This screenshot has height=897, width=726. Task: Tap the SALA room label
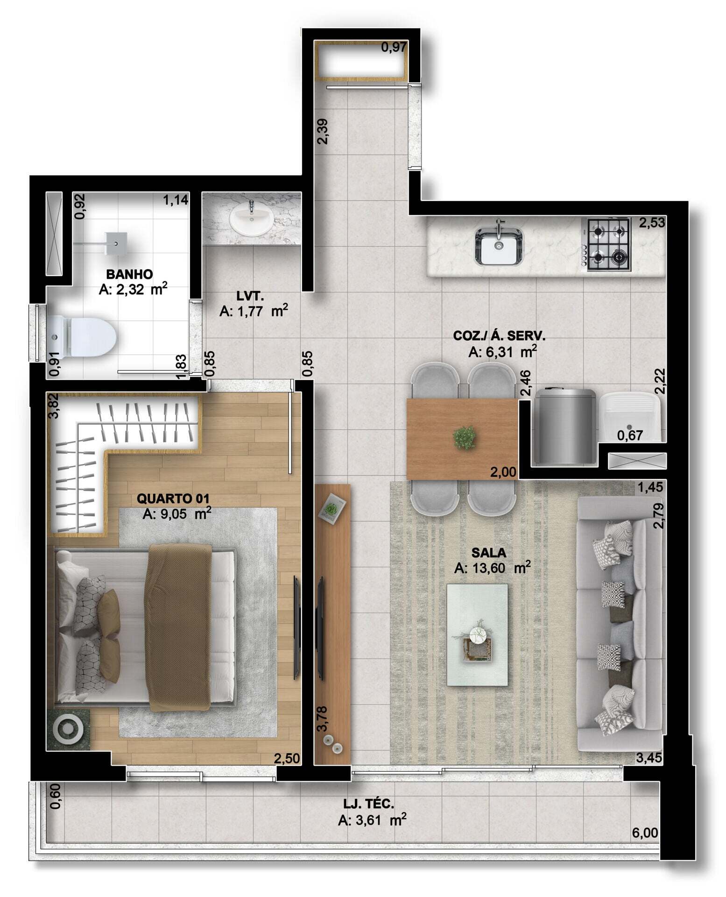click(x=489, y=553)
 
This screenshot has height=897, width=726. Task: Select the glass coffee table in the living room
click(x=477, y=635)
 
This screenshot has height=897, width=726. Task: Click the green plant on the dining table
click(x=465, y=438)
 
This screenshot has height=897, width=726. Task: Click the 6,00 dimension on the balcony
click(x=645, y=833)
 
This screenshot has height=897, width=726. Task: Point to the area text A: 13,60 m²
click(x=492, y=568)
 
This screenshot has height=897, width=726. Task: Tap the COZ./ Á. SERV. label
click(x=499, y=335)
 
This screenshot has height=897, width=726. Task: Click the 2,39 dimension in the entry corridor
click(x=323, y=131)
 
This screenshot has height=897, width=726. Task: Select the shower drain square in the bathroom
click(x=115, y=243)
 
